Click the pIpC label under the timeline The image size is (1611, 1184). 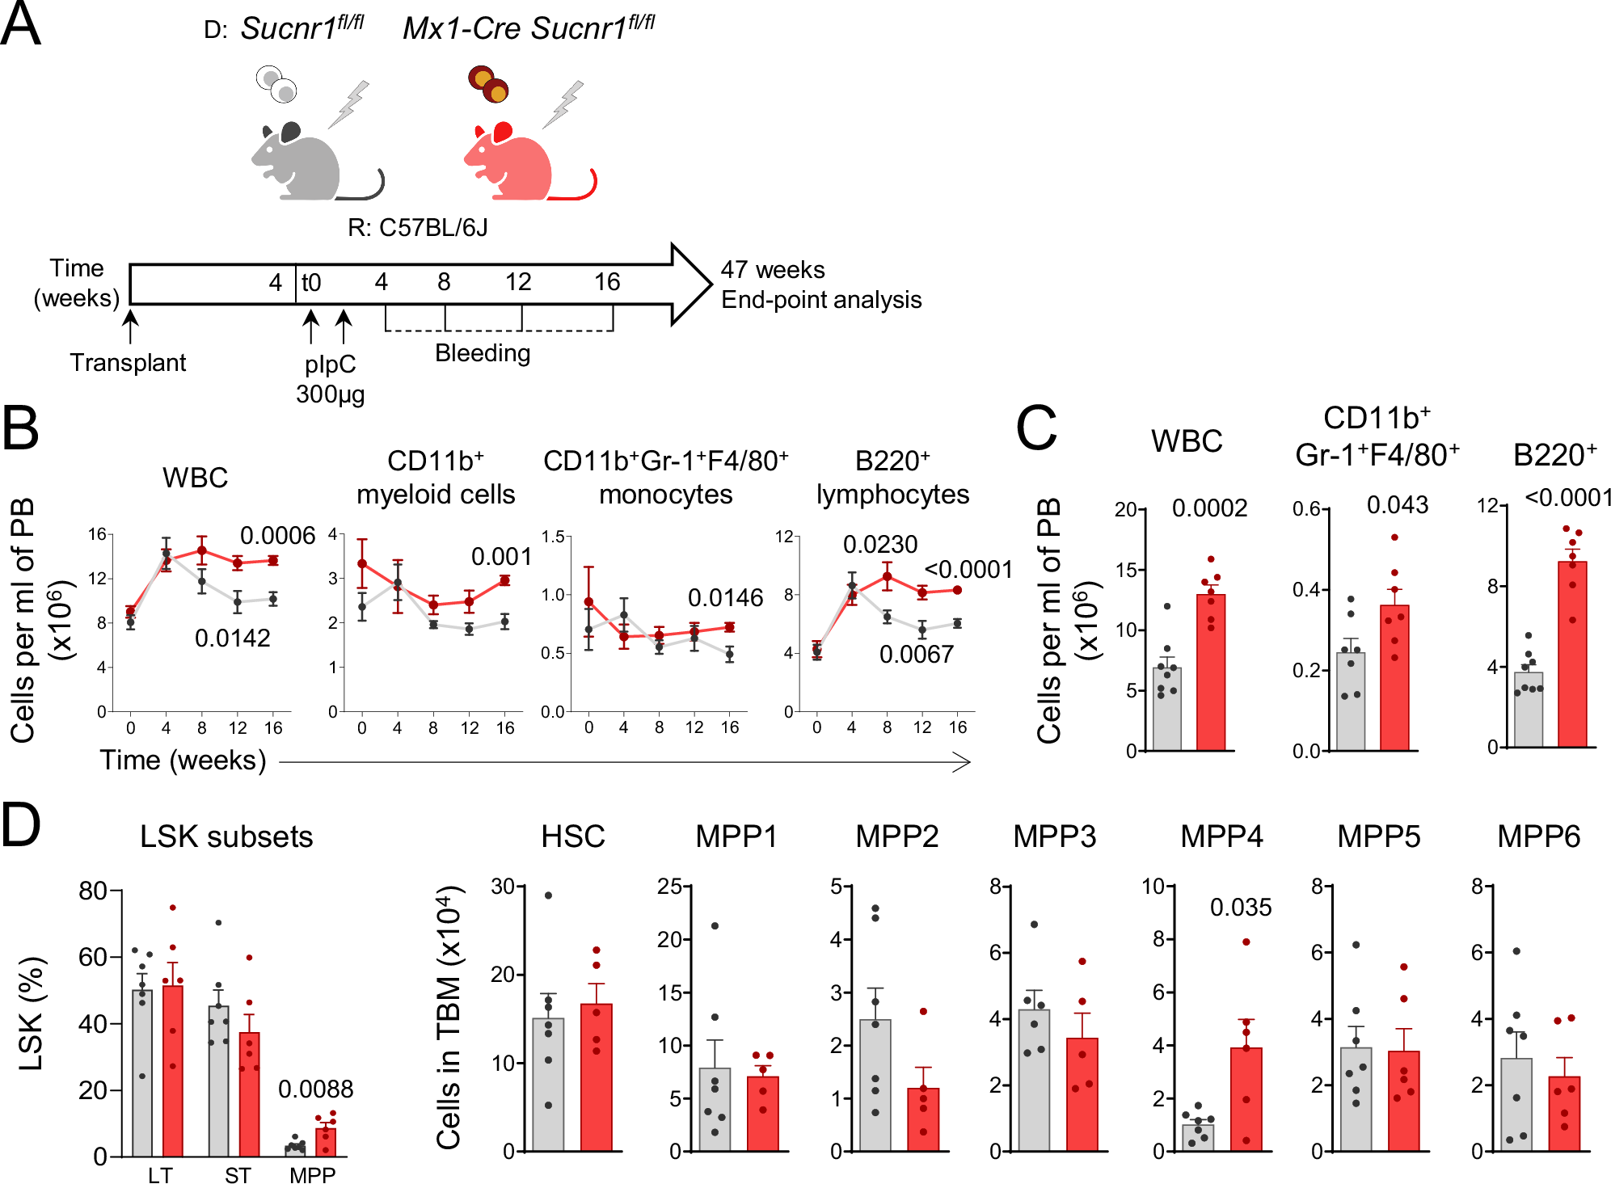click(x=330, y=364)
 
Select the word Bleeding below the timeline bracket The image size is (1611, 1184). click(x=483, y=353)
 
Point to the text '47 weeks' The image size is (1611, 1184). click(x=772, y=270)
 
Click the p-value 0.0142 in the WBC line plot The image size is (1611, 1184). click(x=232, y=638)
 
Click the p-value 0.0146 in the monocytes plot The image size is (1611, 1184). click(x=725, y=598)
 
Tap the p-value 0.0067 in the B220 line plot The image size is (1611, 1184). click(x=916, y=654)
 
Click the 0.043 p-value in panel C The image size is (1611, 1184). click(x=1397, y=505)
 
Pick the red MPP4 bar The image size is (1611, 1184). click(x=1246, y=1099)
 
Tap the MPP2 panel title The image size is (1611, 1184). click(x=896, y=836)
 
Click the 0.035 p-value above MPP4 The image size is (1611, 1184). click(x=1240, y=908)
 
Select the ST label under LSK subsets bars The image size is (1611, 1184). click(x=238, y=1174)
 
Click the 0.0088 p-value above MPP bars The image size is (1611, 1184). click(x=315, y=1089)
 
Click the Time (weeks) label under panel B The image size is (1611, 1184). click(x=183, y=761)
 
